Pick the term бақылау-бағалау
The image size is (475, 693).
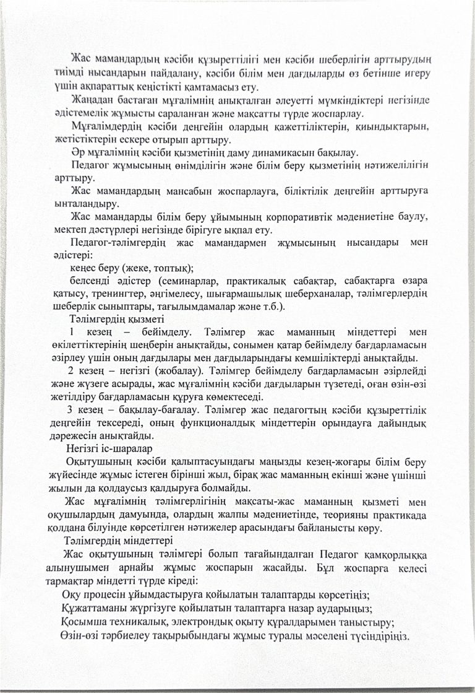[x=149, y=410]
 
